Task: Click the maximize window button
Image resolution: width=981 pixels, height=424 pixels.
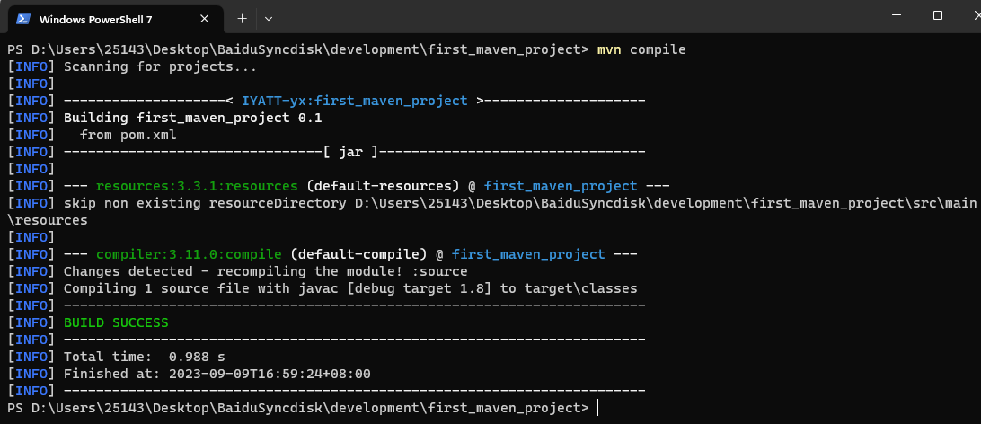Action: click(x=938, y=15)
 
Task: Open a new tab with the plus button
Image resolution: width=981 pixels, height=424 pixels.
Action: click(x=242, y=18)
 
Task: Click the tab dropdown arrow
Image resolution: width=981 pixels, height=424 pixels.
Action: click(x=269, y=18)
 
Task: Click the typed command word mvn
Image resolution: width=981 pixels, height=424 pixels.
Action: click(x=610, y=49)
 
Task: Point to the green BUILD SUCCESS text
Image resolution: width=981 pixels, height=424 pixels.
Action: click(x=116, y=322)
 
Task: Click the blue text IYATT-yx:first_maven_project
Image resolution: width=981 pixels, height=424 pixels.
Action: click(x=355, y=101)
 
